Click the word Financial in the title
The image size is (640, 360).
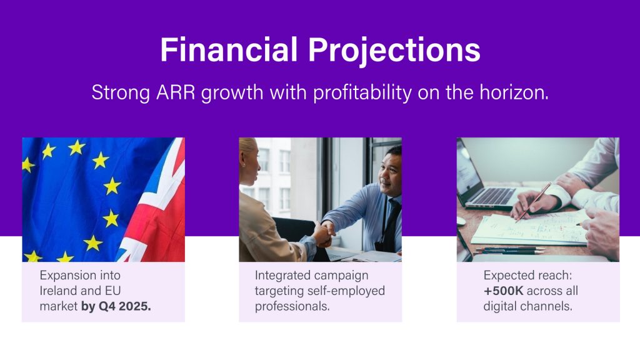pyautogui.click(x=229, y=49)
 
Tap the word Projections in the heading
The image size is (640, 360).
pyautogui.click(x=394, y=51)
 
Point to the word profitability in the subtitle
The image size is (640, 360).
pyautogui.click(x=362, y=93)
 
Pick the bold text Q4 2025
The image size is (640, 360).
pyautogui.click(x=125, y=306)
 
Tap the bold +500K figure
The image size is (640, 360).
pyautogui.click(x=503, y=291)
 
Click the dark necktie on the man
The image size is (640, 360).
pyautogui.click(x=391, y=224)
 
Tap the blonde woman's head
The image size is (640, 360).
pyautogui.click(x=249, y=161)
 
